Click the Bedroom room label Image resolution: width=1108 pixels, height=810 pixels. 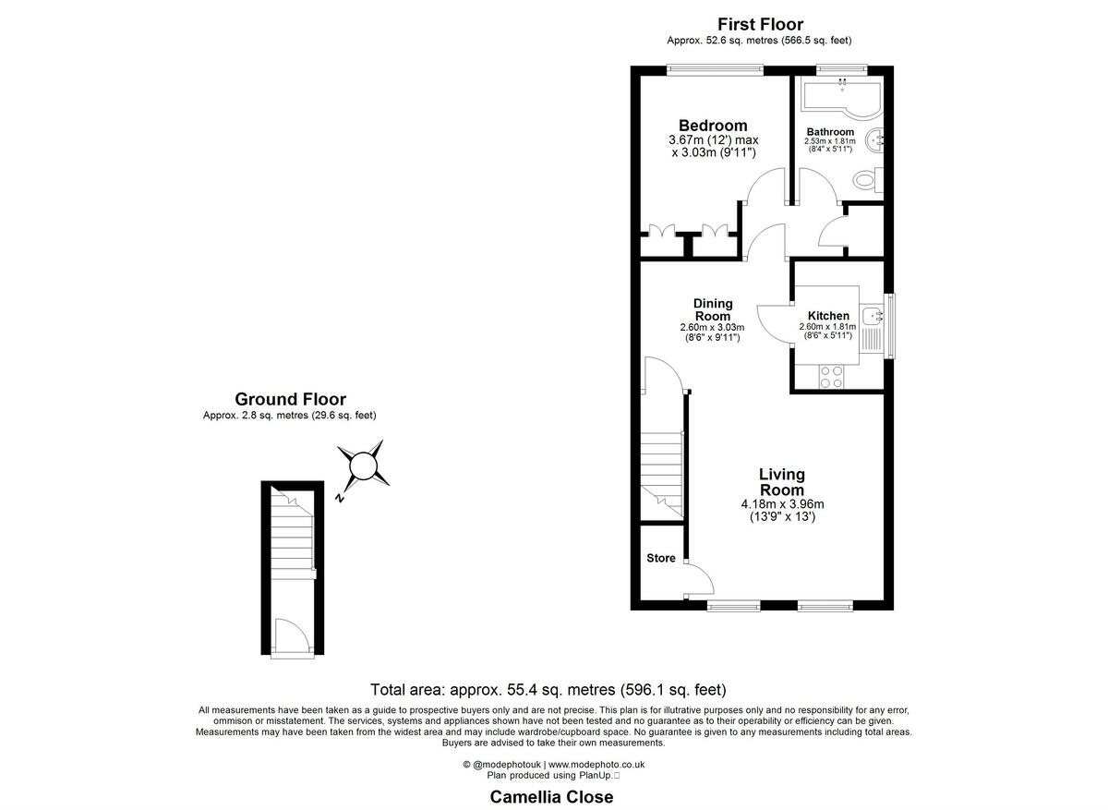[713, 126]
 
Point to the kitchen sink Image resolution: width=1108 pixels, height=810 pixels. [873, 317]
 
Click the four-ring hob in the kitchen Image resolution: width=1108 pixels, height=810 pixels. [831, 376]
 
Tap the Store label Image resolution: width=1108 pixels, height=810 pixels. [660, 558]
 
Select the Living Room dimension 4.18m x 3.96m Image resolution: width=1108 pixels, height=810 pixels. [782, 504]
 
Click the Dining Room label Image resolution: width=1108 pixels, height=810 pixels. [713, 309]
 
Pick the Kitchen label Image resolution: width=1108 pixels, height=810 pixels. [828, 316]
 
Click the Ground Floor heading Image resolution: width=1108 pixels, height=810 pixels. [290, 399]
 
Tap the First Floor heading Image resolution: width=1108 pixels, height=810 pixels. [760, 25]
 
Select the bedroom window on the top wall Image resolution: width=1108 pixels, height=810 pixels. [716, 66]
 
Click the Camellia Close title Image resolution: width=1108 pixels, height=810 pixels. [551, 796]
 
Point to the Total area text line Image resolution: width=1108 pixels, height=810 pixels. [548, 689]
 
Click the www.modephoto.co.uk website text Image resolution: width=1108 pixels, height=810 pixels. [596, 765]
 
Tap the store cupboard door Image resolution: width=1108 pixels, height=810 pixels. [700, 580]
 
